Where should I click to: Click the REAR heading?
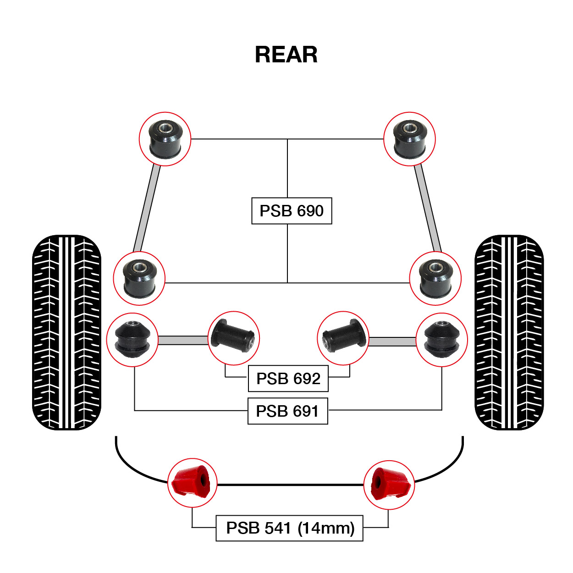[286, 55]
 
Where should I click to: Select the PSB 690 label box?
[292, 211]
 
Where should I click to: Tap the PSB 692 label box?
[288, 378]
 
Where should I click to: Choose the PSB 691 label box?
[287, 411]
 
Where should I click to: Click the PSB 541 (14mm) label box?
[289, 528]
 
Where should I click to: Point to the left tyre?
[66, 332]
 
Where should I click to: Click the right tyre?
[509, 332]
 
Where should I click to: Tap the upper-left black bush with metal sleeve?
[165, 139]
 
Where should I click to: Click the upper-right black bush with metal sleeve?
[410, 139]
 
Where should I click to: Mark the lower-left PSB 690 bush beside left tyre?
[139, 279]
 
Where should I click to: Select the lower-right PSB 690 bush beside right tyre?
[435, 279]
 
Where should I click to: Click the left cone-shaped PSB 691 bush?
[132, 339]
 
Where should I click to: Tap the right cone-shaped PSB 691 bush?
[441, 339]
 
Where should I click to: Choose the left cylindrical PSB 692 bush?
[233, 336]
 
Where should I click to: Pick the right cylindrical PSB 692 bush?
[344, 336]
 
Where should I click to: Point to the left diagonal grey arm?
[147, 209]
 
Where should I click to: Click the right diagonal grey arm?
[428, 208]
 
